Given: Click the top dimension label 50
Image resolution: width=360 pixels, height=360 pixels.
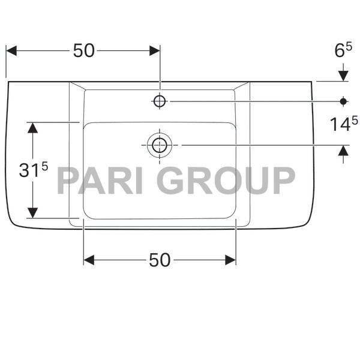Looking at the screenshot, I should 84,52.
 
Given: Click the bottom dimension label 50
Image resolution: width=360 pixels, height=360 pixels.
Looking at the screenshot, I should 160,260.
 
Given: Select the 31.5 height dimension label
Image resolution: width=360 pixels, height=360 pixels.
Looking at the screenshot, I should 33,170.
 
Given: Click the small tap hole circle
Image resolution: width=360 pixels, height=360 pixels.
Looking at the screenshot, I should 160,101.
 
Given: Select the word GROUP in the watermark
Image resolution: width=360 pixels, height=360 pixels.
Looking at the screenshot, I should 229,181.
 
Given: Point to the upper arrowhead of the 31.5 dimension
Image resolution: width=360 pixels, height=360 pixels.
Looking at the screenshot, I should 32,128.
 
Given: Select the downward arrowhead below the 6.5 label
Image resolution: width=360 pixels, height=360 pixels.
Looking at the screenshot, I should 343,75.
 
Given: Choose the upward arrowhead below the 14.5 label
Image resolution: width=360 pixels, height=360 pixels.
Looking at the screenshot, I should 343,151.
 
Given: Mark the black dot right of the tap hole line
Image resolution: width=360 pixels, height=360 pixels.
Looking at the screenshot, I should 343,101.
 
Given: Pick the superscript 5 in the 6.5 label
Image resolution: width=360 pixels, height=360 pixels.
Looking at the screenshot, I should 349,47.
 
